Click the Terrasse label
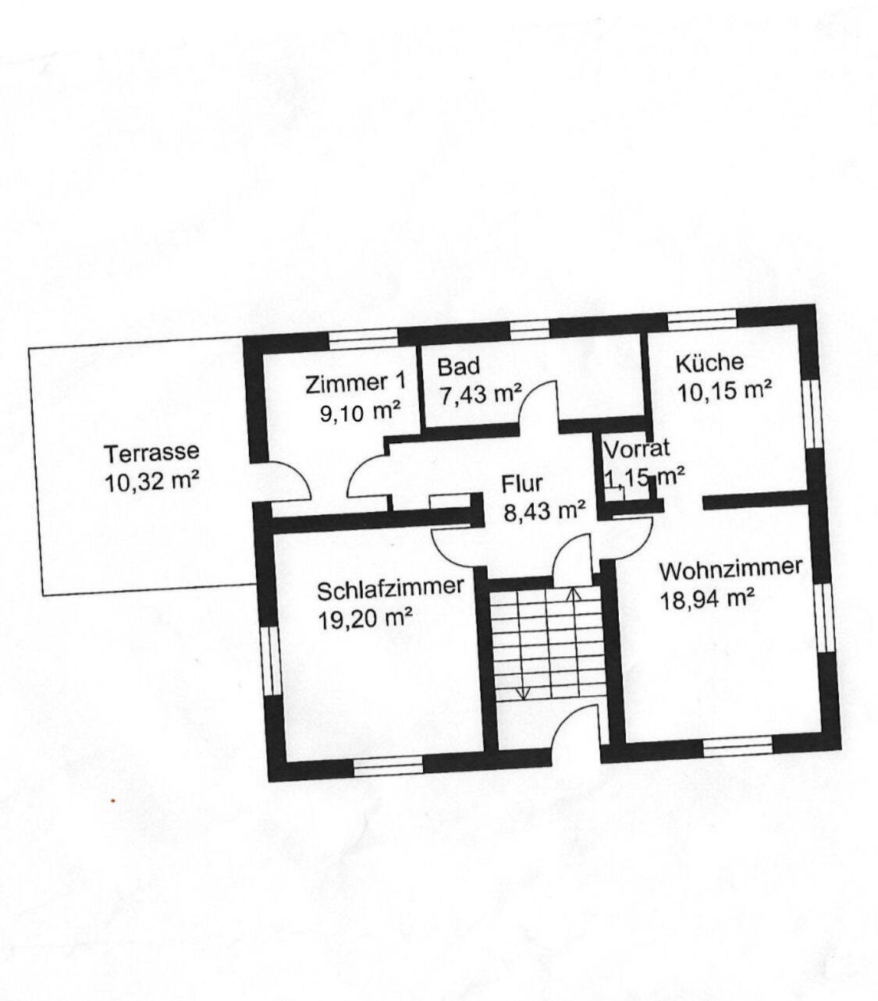tap(152, 452)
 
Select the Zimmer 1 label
tap(355, 383)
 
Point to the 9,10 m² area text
tap(360, 412)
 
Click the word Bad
tap(458, 366)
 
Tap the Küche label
tap(709, 363)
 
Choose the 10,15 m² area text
tap(725, 391)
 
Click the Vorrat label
tap(637, 449)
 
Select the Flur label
tap(521, 484)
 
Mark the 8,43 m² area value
tap(545, 512)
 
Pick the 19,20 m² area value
tap(364, 619)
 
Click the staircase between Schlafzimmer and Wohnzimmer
tap(546, 644)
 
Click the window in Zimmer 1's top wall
tap(362, 339)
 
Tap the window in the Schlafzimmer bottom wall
tap(389, 768)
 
